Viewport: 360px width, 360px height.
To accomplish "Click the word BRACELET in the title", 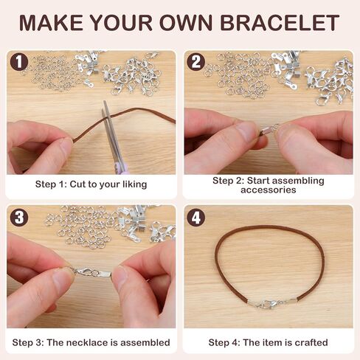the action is click(x=280, y=23).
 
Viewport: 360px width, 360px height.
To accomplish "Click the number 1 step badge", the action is click(x=19, y=62).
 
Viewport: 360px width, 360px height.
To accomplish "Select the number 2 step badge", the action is click(x=195, y=62).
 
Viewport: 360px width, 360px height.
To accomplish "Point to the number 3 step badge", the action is click(x=19, y=218).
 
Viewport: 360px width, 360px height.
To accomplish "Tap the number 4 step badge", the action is click(x=195, y=218).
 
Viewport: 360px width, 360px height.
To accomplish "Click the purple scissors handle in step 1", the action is click(x=123, y=167).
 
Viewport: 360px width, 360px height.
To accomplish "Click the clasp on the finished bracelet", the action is click(x=271, y=303).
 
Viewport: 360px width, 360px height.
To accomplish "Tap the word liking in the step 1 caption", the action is click(x=134, y=184).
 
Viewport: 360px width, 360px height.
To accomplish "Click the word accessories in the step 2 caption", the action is click(x=269, y=190).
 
